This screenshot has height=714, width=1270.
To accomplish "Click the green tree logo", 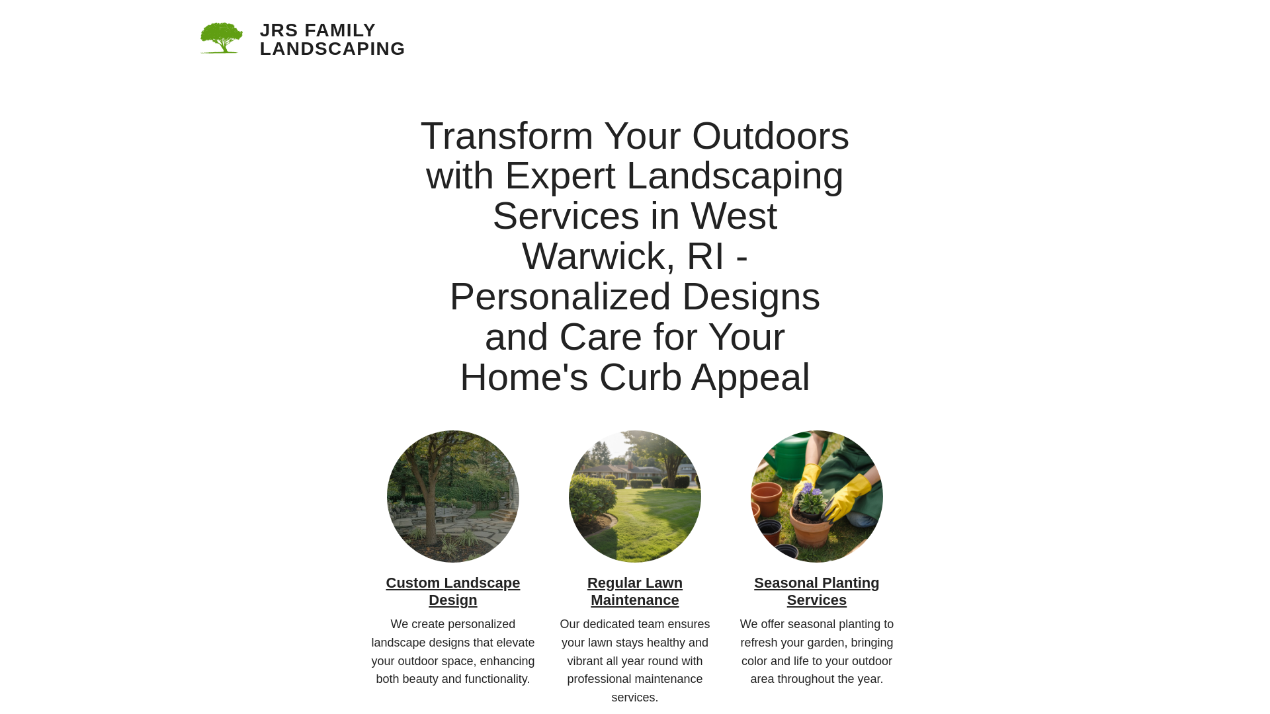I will [222, 38].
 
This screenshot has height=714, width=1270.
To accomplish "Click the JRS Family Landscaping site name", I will [332, 40].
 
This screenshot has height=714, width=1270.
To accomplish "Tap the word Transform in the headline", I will [507, 136].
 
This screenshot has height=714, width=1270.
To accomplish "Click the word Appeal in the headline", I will [750, 377].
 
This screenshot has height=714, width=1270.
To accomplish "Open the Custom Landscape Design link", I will [453, 592].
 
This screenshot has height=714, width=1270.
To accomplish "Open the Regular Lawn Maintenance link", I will [635, 592].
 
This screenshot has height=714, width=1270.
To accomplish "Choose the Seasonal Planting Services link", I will [816, 592].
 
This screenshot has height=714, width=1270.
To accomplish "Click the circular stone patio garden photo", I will [453, 496].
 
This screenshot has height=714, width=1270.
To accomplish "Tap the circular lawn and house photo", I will [635, 496].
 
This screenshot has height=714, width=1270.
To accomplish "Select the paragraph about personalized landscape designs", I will [453, 652].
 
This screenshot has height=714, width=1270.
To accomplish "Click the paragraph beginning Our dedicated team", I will [635, 660].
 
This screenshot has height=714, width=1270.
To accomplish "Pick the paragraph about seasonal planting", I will [816, 652].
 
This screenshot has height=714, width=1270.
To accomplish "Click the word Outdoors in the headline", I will [770, 136].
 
